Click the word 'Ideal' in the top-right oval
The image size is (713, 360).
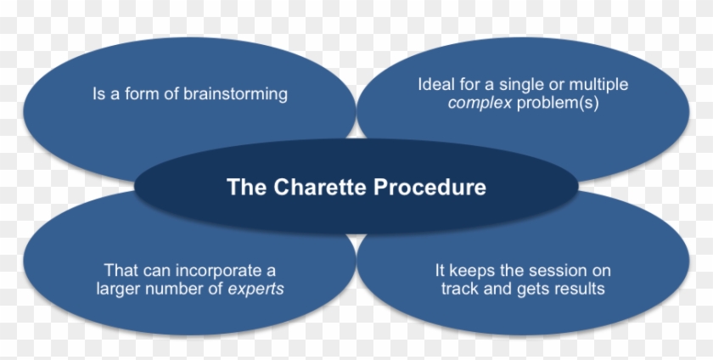click(x=435, y=85)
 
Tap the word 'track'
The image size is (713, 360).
click(x=460, y=289)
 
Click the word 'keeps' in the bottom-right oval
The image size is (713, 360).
click(x=470, y=270)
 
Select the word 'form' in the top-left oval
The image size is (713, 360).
click(x=138, y=93)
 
